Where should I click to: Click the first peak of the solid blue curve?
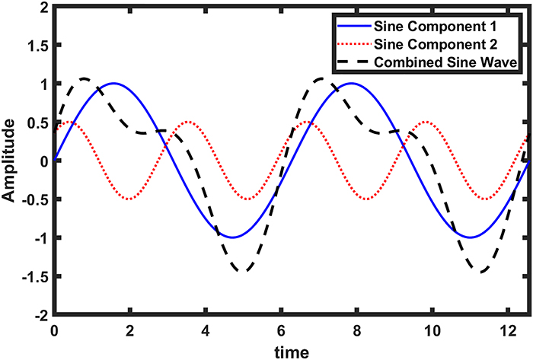point(113,83)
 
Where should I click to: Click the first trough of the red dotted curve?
point(130,199)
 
